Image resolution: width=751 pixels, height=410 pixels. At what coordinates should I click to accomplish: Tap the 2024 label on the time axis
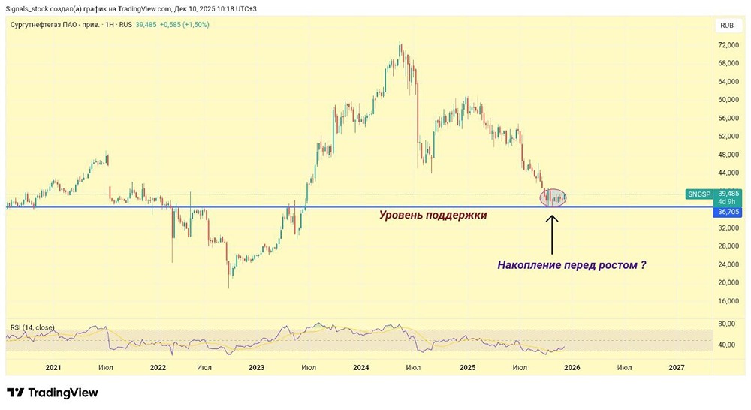[x=361, y=367]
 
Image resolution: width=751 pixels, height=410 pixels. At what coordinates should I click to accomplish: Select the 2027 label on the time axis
[x=677, y=367]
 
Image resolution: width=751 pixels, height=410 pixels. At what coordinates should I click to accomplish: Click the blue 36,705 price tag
[x=728, y=212]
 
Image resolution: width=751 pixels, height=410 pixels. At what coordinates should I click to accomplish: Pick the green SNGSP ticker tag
[x=698, y=194]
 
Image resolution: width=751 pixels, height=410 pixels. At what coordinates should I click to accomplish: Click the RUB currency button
[x=727, y=25]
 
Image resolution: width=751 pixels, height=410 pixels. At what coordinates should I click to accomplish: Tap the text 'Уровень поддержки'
[x=433, y=215]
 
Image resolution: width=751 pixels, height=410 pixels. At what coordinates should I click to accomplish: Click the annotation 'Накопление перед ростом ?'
[x=572, y=264]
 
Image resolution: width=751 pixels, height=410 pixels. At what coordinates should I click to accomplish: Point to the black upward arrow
[x=553, y=235]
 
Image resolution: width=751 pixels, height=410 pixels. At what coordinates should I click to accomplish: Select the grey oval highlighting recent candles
[x=553, y=197]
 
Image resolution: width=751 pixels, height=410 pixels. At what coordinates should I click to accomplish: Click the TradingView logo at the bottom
[x=53, y=393]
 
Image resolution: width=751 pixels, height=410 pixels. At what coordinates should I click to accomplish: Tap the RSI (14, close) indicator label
[x=32, y=327]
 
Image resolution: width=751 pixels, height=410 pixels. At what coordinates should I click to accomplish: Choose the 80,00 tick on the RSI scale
[x=727, y=324]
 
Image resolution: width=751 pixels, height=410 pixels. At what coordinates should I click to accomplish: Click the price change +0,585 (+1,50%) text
[x=184, y=24]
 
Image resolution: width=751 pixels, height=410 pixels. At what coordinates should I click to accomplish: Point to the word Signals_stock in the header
[x=27, y=8]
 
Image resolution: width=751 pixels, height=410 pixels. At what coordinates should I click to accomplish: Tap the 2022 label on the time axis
[x=158, y=367]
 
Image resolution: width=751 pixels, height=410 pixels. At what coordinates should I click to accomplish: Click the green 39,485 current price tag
[x=728, y=193]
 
